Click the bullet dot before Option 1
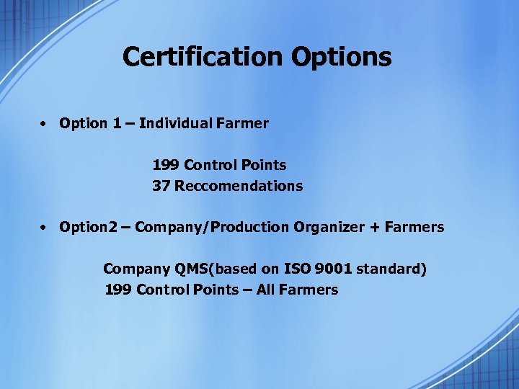(44, 123)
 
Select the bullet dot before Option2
(44, 228)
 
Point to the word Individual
(176, 123)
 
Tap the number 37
(161, 186)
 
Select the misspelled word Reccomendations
(239, 186)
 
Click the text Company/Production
(212, 228)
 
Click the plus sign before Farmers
(375, 228)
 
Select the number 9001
(335, 269)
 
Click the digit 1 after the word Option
(117, 123)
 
